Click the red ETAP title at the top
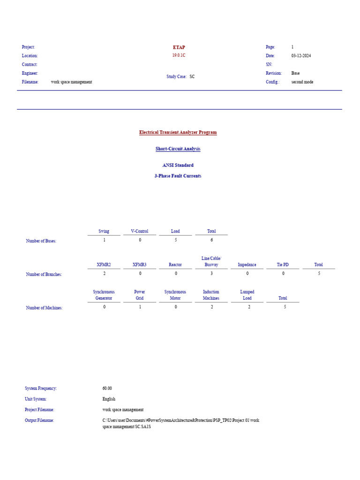pyautogui.click(x=179, y=47)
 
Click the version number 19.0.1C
pyautogui.click(x=179, y=55)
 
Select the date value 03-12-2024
pyautogui.click(x=301, y=56)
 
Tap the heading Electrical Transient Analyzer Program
pyautogui.click(x=178, y=132)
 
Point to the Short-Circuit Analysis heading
pyautogui.click(x=178, y=149)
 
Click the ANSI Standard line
pyautogui.click(x=178, y=165)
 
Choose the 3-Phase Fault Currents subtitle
pyautogui.click(x=178, y=176)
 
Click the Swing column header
pyautogui.click(x=104, y=231)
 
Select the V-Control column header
pyautogui.click(x=140, y=231)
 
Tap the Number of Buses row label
pyautogui.click(x=41, y=241)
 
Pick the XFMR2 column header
pyautogui.click(x=104, y=265)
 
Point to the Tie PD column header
pyautogui.click(x=283, y=265)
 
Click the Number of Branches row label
pyautogui.click(x=44, y=274)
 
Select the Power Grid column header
pyautogui.click(x=140, y=295)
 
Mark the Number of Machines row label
pyautogui.click(x=44, y=308)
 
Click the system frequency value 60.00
pyautogui.click(x=107, y=389)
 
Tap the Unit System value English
pyautogui.click(x=109, y=399)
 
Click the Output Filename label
pyautogui.click(x=39, y=420)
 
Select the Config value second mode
pyautogui.click(x=302, y=82)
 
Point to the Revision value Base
pyautogui.click(x=295, y=73)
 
